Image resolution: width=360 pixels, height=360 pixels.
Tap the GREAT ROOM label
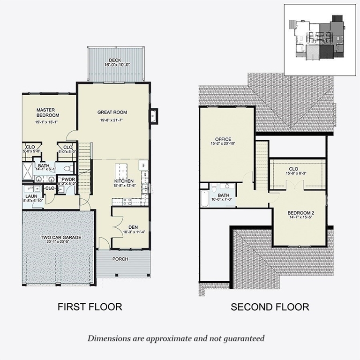pos(112,112)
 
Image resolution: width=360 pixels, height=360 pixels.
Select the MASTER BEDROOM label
pos(47,112)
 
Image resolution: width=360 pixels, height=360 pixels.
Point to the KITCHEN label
pos(124,181)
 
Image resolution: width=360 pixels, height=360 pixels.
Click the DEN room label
pos(133,227)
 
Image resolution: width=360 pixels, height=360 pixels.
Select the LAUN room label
pos(31,196)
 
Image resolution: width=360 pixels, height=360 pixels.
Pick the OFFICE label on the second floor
pos(224,139)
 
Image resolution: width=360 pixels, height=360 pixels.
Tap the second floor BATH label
pos(224,195)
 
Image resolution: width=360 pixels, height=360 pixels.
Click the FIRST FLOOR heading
pos(90,307)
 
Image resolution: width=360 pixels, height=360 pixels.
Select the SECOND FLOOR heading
pos(270,307)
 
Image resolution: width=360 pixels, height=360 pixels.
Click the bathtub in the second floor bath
pos(204,199)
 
